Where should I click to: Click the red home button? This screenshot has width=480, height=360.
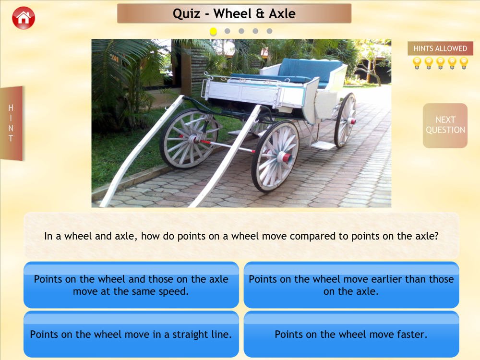24,18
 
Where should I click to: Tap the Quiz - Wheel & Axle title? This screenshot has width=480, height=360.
234,13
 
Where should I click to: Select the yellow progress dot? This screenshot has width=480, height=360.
214,31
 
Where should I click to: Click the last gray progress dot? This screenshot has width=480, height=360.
269,31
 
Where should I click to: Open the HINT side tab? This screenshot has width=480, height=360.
12,123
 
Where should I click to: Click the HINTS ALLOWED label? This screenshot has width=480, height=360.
440,48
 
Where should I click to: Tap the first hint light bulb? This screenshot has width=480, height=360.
417,63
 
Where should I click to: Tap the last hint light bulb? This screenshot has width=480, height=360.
464,63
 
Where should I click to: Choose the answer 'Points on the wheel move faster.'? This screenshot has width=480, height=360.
351,334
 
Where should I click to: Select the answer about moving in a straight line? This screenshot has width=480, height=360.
131,334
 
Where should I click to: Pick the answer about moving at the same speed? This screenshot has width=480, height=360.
131,285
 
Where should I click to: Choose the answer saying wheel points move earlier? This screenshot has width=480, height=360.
351,285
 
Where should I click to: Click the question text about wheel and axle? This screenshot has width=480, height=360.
241,236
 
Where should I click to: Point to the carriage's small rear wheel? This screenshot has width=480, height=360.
346,120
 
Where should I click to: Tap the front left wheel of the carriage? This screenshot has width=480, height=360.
189,139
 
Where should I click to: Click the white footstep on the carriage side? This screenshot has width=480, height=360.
323,145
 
